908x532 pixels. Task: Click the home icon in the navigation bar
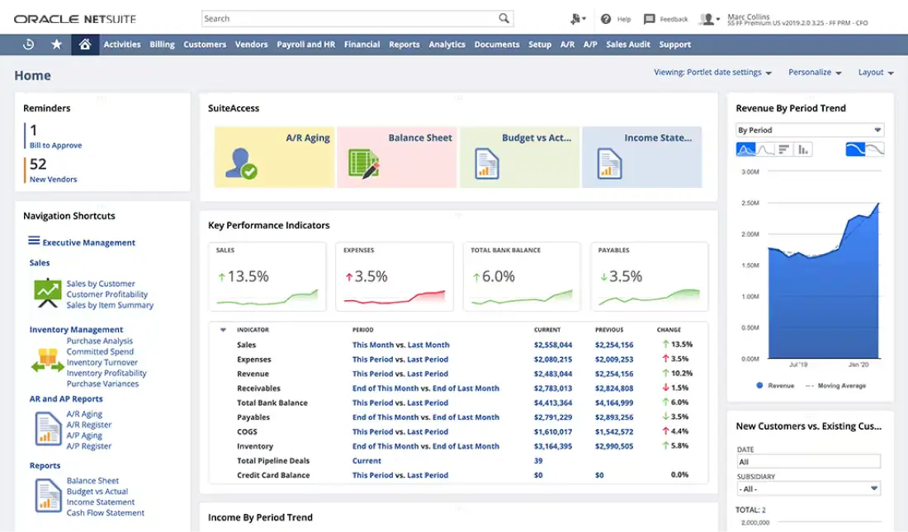coord(83,45)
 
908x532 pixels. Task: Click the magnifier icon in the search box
coord(504,18)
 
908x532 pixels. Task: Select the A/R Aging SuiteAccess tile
coord(274,157)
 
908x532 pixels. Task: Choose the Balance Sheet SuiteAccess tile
coord(397,157)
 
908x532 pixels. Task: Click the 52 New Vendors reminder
coord(53,170)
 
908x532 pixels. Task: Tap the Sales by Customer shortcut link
coord(101,284)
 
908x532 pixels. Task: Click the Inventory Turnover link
coord(102,363)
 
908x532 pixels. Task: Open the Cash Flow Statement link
coord(106,513)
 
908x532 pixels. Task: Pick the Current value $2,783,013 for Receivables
coord(552,388)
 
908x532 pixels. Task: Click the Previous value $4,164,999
coord(614,403)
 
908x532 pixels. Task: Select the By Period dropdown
coord(809,130)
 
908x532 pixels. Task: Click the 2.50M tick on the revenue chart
coord(750,203)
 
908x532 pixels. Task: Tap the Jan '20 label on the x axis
coord(858,364)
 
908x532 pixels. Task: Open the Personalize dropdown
coord(815,73)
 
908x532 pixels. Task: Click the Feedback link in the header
coord(666,19)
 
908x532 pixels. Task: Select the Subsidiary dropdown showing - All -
coord(809,489)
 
